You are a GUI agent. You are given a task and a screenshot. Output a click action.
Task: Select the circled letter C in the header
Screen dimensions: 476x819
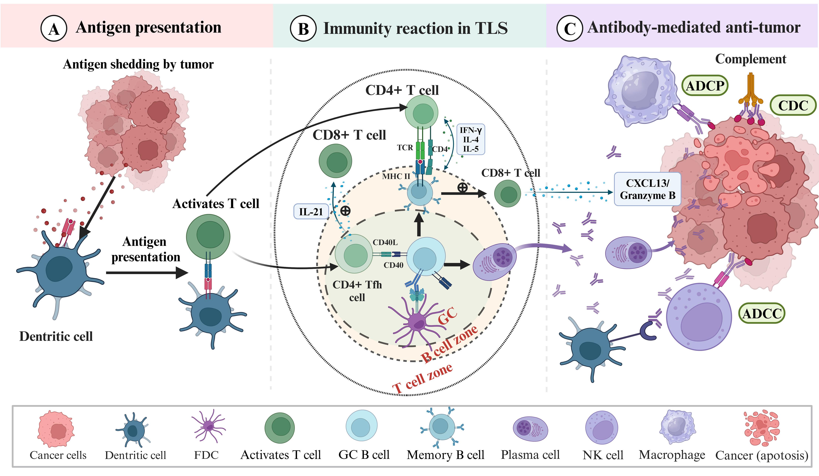coord(569,29)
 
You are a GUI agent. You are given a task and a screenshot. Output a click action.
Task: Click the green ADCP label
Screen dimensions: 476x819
coord(705,86)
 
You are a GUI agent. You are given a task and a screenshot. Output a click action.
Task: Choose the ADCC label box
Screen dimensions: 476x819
coord(762,313)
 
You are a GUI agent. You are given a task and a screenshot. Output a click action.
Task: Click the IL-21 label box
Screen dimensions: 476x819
coord(311,211)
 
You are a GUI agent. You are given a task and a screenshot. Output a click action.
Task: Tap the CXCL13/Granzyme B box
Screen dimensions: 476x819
coord(647,189)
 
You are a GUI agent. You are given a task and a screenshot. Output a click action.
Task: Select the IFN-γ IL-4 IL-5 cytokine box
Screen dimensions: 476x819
coord(470,139)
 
